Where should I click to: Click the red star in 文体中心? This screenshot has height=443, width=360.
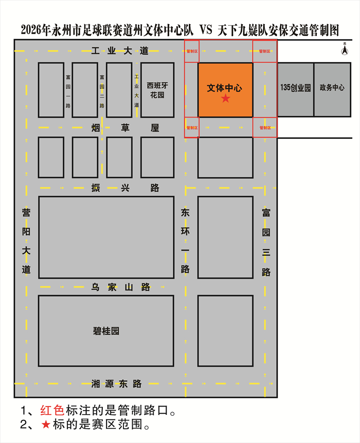[225, 99]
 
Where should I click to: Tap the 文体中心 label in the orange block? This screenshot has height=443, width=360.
[225, 88]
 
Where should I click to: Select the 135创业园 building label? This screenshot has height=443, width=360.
[296, 88]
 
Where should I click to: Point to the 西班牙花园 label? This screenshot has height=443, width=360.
[157, 90]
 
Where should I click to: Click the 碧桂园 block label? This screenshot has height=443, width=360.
[106, 331]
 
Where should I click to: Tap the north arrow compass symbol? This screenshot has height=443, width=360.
[344, 50]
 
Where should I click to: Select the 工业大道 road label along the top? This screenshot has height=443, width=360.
[119, 50]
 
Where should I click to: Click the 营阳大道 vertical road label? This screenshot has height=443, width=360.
[26, 241]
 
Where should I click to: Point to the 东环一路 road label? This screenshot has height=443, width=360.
[185, 241]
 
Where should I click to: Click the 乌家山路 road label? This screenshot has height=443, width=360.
[120, 287]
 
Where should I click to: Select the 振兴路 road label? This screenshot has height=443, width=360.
[125, 188]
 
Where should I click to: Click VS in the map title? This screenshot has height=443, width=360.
[202, 30]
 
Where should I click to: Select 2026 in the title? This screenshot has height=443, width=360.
[31, 30]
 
